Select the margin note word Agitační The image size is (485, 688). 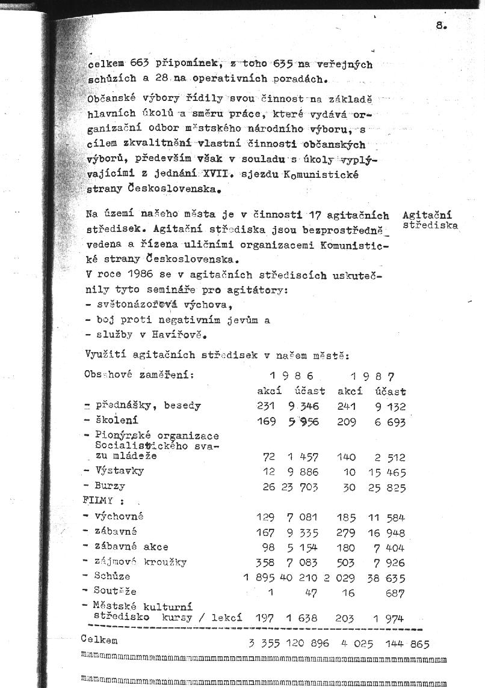pyautogui.click(x=427, y=215)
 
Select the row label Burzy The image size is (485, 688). pyautogui.click(x=109, y=486)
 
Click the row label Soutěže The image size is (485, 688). pyautogui.click(x=115, y=591)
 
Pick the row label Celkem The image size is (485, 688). pyautogui.click(x=99, y=641)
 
